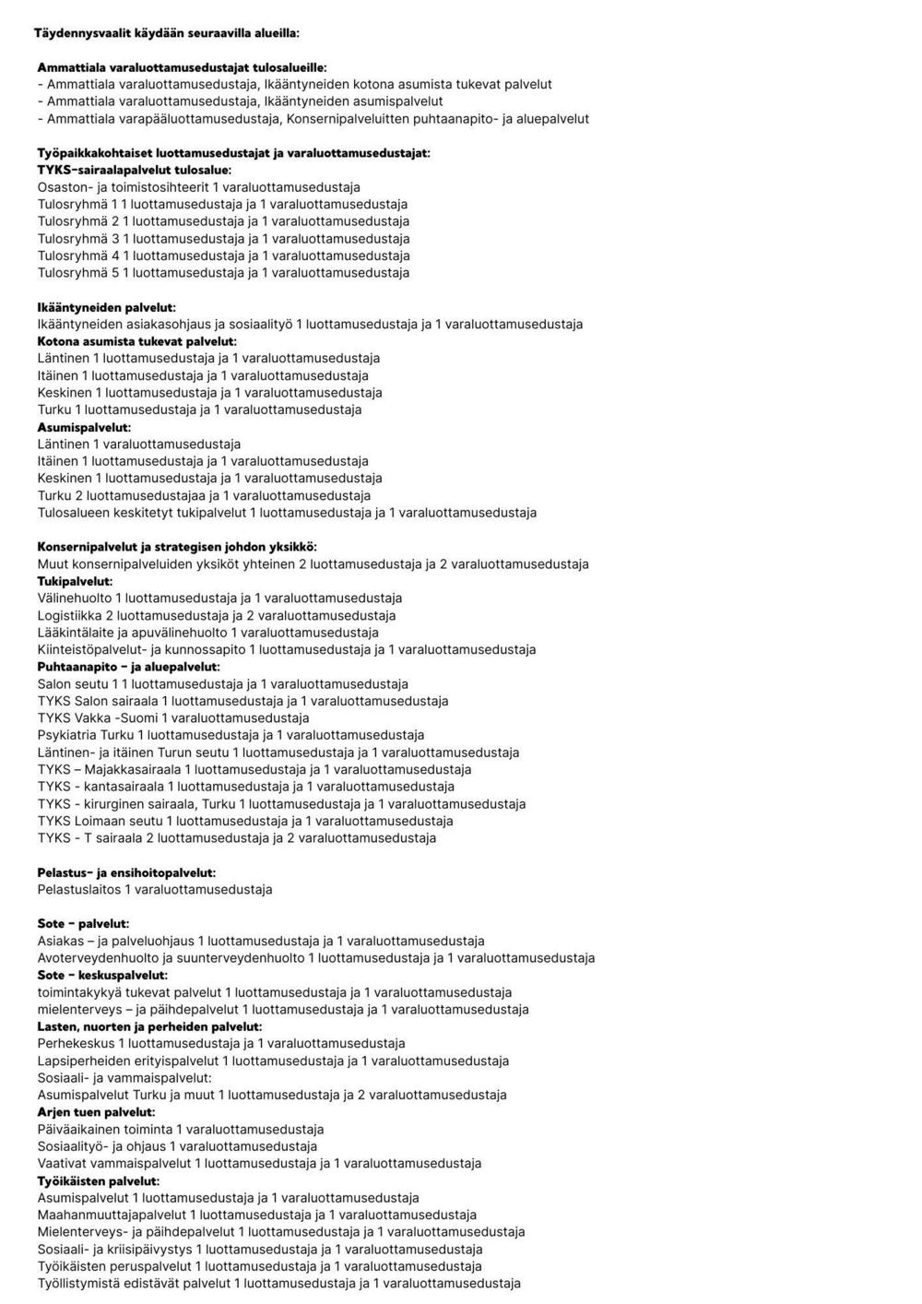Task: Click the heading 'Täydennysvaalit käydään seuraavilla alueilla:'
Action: (x=166, y=33)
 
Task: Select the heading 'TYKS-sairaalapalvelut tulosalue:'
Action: (x=135, y=170)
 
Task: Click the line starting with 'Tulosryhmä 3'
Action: (x=223, y=239)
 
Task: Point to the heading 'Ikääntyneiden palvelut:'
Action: (x=106, y=307)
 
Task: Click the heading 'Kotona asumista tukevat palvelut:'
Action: (x=136, y=341)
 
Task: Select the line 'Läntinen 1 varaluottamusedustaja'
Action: (x=138, y=445)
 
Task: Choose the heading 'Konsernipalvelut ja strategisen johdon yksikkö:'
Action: (x=177, y=547)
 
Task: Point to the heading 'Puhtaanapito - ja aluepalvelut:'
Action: (x=128, y=667)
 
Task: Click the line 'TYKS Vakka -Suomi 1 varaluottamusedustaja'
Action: (x=173, y=718)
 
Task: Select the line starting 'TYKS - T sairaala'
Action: (x=236, y=838)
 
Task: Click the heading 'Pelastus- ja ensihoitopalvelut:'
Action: (x=126, y=872)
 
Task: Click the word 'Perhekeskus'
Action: (x=76, y=1044)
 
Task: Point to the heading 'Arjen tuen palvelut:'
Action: (x=96, y=1112)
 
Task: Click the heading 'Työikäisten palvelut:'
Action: (x=98, y=1181)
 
